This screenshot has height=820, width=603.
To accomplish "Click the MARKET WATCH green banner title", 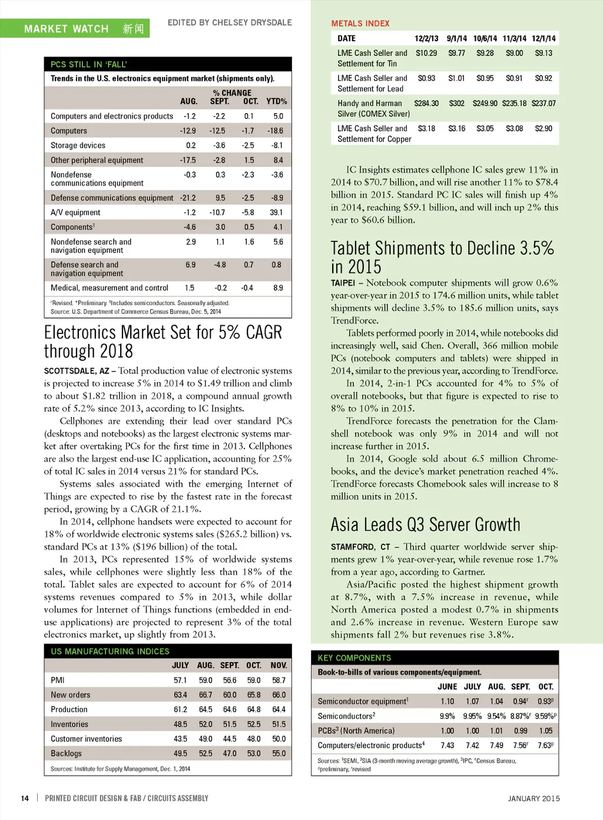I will click(66, 29).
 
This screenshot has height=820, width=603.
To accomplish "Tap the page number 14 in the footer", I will click(25, 798).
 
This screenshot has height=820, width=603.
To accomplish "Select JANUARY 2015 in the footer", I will click(534, 798).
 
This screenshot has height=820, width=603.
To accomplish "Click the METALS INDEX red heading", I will click(360, 24).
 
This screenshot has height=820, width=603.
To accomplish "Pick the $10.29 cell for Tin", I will click(426, 53).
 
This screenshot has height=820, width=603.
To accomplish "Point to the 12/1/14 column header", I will click(543, 38).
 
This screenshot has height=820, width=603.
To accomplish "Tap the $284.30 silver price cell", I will click(426, 103).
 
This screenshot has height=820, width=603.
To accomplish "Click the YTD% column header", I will click(276, 101).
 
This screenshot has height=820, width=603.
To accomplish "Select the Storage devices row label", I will click(78, 146).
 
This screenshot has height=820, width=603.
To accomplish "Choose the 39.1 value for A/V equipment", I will click(276, 213).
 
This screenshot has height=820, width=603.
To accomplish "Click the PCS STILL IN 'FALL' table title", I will click(88, 64).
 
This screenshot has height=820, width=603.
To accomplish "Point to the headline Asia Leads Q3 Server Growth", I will click(425, 524).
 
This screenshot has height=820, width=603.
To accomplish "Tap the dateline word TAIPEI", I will click(343, 283).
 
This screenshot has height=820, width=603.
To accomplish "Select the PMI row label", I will click(58, 680).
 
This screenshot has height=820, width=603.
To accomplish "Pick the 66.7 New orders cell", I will click(205, 695).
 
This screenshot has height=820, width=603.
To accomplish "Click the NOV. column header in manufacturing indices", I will click(279, 665).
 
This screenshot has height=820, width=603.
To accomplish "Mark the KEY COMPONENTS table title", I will click(354, 657).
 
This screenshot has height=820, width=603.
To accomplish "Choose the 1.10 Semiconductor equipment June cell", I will click(447, 701).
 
